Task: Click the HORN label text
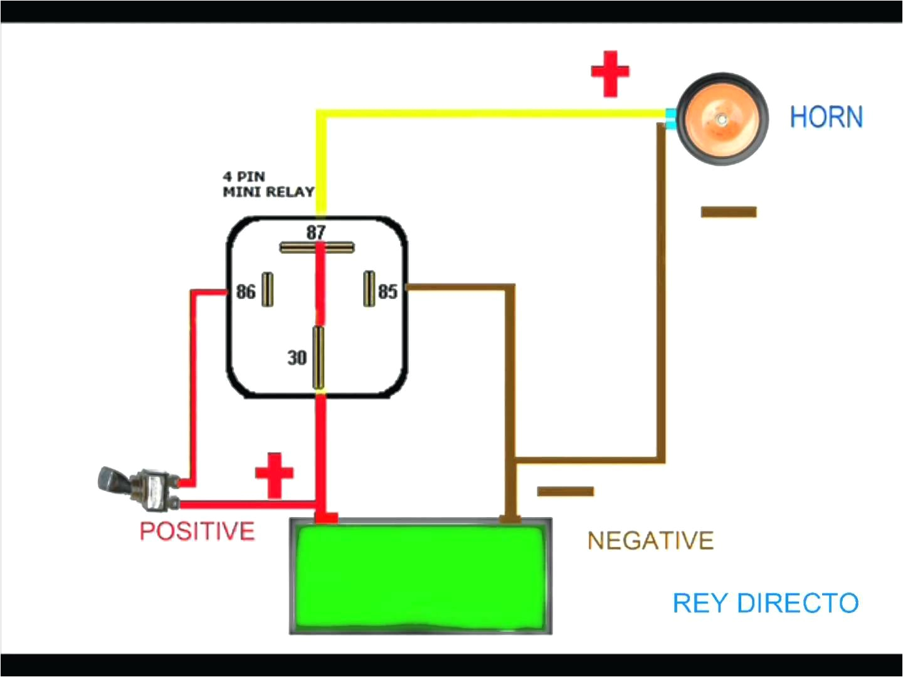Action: [x=826, y=117]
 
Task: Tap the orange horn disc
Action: [x=722, y=119]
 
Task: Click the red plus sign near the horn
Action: [x=610, y=73]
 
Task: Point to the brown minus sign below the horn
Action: [x=728, y=212]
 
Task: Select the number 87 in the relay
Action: [x=316, y=232]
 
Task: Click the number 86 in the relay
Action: [x=246, y=291]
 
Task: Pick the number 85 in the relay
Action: [x=388, y=291]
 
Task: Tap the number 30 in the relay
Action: [x=297, y=358]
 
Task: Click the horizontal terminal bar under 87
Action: [x=317, y=248]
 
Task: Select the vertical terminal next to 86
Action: [x=268, y=290]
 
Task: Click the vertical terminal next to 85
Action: [x=369, y=289]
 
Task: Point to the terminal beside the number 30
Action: [x=319, y=358]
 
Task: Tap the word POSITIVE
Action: [x=197, y=532]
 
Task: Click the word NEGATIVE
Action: [x=650, y=540]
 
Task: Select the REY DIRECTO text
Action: [x=765, y=603]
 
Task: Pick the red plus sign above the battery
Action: [x=274, y=475]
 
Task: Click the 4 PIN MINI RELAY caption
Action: [x=268, y=184]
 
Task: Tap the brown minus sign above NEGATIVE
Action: [x=565, y=491]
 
